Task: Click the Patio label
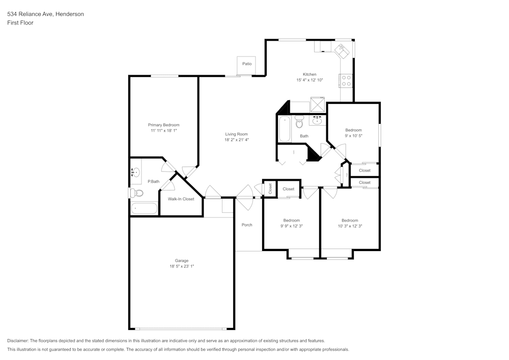pos(247,64)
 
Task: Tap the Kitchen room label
pos(309,74)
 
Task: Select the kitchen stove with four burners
pos(346,80)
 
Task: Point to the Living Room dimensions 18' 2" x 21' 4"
pos(237,140)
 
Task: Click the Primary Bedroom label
pos(163,125)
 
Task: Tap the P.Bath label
pos(153,181)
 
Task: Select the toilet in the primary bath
pos(137,193)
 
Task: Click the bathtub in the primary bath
pos(145,208)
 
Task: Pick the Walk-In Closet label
pos(181,199)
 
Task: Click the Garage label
pos(182,261)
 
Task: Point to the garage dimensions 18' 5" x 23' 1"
pos(182,266)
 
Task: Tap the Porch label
pos(247,225)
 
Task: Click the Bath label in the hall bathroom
pos(304,136)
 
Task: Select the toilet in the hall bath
pos(299,122)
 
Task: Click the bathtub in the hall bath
pos(284,129)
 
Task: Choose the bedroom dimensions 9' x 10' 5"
pos(353,135)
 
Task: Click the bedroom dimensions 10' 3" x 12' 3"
pos(350,226)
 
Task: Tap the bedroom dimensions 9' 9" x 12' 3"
pos(291,226)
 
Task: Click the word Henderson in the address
pos(69,14)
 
